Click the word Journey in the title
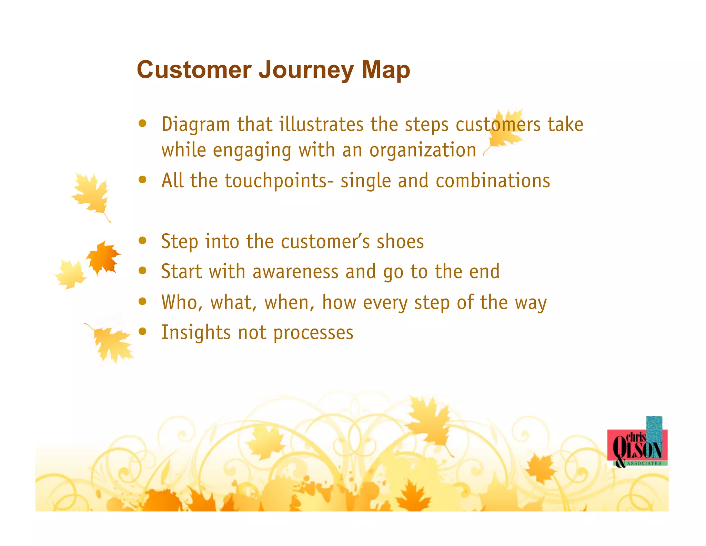306,70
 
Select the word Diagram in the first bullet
195,125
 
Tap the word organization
423,150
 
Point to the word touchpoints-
279,181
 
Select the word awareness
295,272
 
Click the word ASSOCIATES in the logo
644,463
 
